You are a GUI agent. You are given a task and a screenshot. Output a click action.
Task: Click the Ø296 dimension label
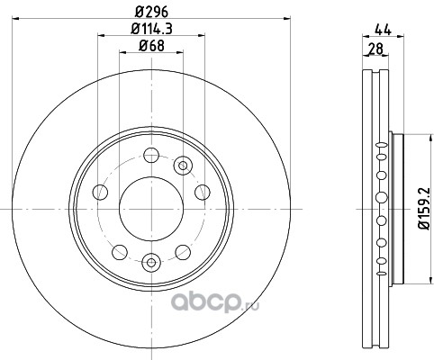(151, 12)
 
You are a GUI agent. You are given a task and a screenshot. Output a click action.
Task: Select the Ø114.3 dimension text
(151, 29)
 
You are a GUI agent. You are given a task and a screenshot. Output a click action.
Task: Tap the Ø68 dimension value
(151, 46)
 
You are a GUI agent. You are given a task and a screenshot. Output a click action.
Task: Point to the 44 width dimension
(383, 30)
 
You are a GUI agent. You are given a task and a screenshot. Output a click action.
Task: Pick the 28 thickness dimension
(375, 49)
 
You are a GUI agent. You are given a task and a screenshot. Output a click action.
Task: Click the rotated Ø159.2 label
(425, 208)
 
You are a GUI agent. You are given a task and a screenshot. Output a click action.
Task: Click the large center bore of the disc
(151, 209)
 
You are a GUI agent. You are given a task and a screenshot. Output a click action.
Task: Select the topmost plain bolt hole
(151, 155)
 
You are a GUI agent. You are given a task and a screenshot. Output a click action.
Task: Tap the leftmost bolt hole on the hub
(100, 192)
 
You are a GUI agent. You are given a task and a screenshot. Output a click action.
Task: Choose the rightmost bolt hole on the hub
(203, 192)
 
